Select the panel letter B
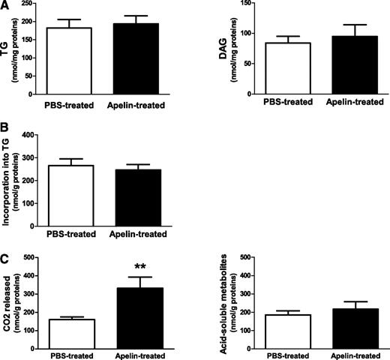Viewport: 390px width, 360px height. (x=5, y=129)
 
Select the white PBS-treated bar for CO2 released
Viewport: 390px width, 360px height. (x=69, y=331)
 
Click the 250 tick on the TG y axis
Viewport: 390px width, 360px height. (x=31, y=4)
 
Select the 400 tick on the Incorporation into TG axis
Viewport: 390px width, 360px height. (x=31, y=135)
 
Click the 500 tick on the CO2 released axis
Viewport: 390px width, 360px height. (x=31, y=257)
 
